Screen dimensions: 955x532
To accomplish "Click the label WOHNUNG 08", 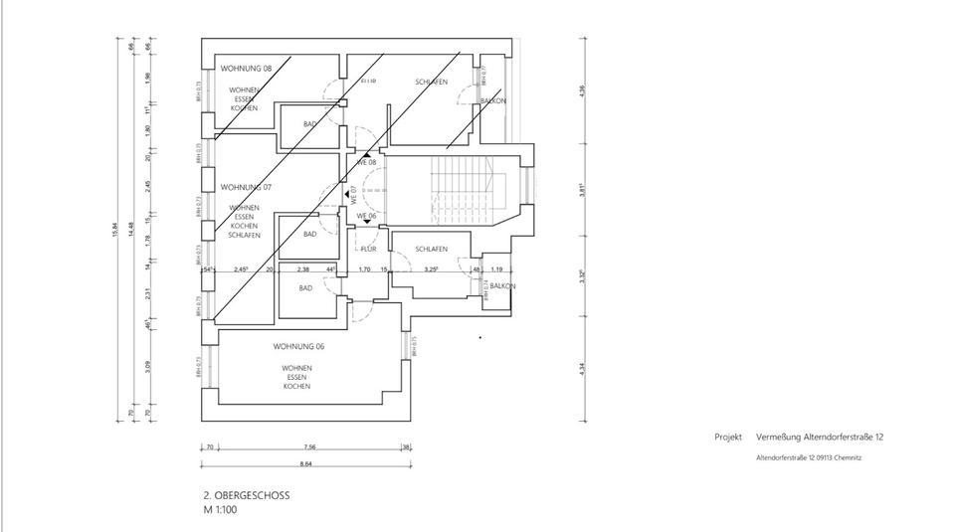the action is tap(246, 69).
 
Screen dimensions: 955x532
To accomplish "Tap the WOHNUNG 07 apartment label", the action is tap(246, 187).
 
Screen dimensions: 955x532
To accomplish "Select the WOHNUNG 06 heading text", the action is tap(298, 346).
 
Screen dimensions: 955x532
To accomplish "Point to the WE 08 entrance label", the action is tap(366, 161).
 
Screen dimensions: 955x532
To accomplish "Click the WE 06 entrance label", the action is tap(366, 216).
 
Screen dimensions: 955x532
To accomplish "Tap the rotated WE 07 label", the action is tap(353, 194).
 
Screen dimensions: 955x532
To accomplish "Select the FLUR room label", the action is tap(368, 249).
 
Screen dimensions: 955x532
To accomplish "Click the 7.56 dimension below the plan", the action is tap(310, 447).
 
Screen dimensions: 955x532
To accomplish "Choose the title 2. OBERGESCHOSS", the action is tap(246, 494).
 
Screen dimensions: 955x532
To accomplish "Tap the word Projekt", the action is tap(728, 438).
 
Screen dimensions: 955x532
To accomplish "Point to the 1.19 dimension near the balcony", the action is tap(497, 269).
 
